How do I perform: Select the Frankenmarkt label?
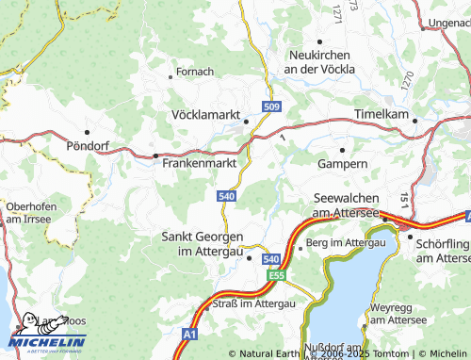198,162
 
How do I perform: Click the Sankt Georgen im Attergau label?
203,243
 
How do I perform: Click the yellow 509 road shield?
271,107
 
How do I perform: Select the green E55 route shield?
275,275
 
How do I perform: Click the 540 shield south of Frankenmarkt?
225,195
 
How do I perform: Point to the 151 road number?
403,199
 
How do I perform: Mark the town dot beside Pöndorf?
87,132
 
